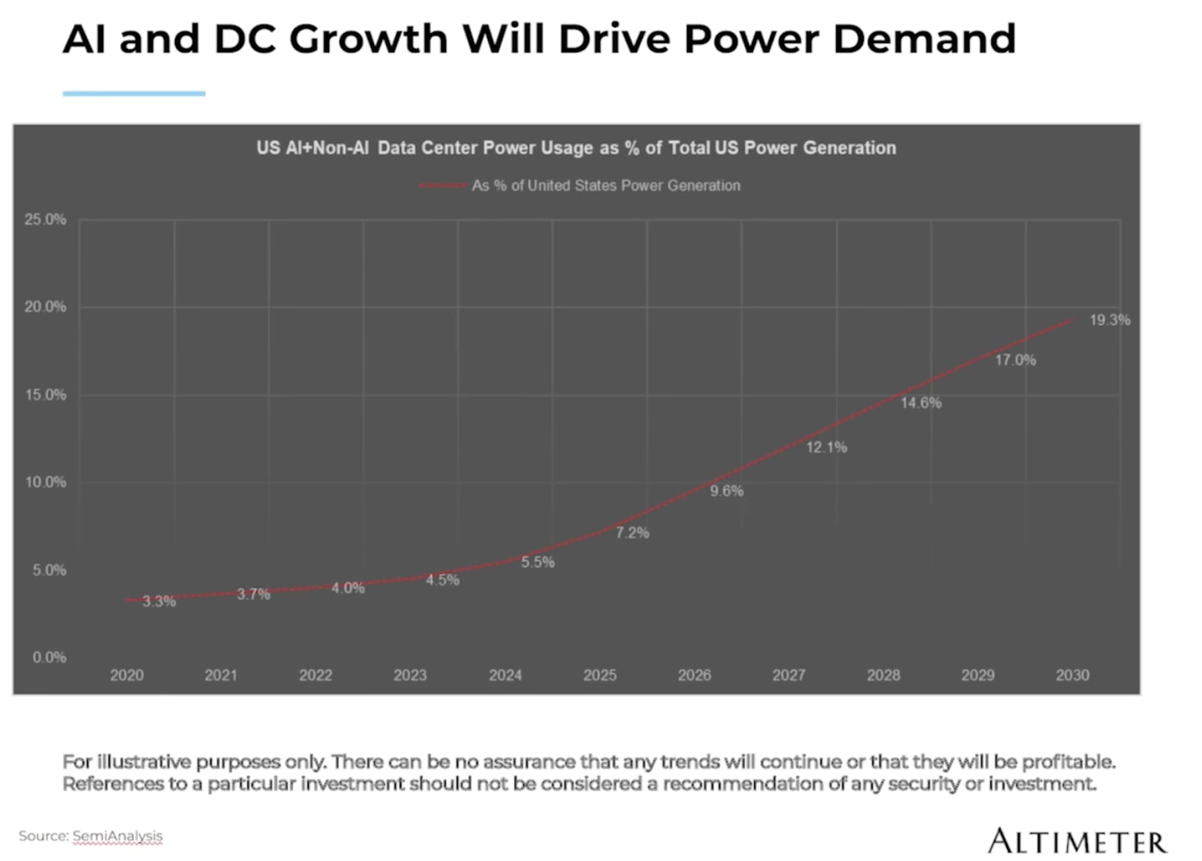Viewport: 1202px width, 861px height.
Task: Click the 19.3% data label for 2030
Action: [1110, 320]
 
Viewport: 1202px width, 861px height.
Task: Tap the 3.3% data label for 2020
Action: [159, 601]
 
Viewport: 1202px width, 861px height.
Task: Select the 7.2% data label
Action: [632, 533]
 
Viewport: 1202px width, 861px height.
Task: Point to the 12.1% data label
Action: [826, 448]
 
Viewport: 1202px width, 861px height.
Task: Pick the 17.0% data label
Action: [1015, 360]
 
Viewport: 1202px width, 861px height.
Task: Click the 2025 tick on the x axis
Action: [600, 675]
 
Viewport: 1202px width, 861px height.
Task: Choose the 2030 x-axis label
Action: [1072, 675]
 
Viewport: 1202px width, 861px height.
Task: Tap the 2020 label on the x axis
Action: [127, 675]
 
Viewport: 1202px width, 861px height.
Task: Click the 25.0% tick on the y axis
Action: [46, 220]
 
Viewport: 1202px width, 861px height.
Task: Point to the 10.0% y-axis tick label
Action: [46, 482]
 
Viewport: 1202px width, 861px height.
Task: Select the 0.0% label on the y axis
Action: [49, 657]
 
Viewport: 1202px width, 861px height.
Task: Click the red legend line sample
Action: [443, 186]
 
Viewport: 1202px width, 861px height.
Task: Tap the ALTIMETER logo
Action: [1077, 842]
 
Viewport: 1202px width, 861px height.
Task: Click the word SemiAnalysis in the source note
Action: [117, 836]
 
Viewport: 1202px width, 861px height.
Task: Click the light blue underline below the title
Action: [134, 94]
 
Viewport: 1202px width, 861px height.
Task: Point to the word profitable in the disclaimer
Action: [1067, 761]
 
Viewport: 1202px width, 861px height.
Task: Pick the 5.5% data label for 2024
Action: [538, 562]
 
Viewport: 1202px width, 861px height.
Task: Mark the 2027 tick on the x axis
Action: [788, 675]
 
